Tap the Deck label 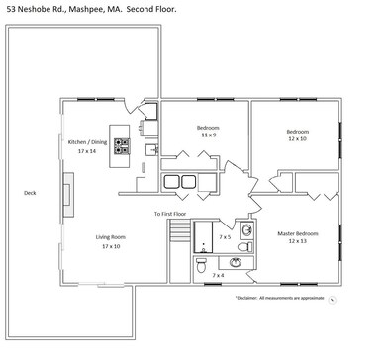pos(31,193)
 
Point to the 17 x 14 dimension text pos(87,151)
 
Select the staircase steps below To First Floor pos(178,233)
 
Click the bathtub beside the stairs pos(205,236)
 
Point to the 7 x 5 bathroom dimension pos(225,237)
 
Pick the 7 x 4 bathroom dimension pos(218,275)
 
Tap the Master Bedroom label pos(297,233)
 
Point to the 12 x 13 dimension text pos(297,242)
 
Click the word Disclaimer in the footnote pos(251,297)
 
